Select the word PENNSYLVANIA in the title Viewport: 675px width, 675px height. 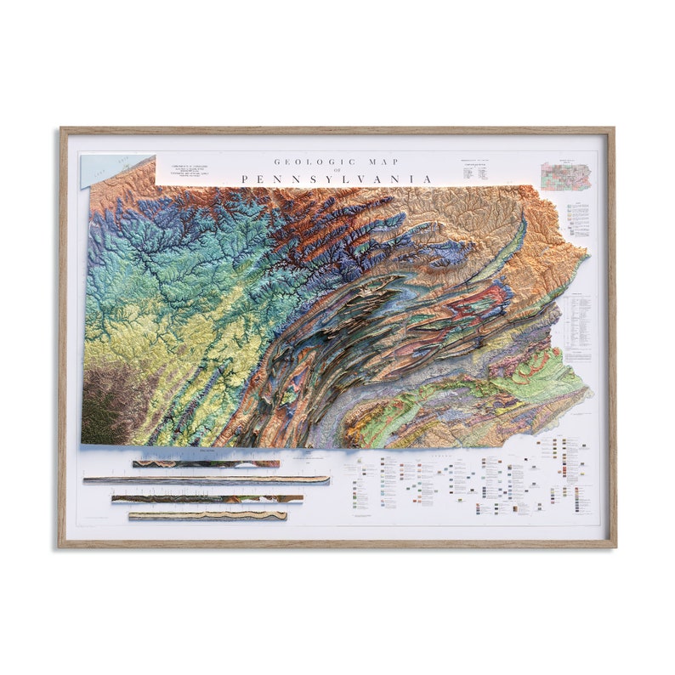pyautogui.click(x=337, y=179)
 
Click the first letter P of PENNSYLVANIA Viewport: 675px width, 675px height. pyautogui.click(x=245, y=179)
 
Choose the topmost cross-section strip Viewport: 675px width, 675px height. pyautogui.click(x=206, y=464)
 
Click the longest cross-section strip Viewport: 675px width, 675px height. pyautogui.click(x=206, y=480)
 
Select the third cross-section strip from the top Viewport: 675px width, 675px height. pyautogui.click(x=207, y=499)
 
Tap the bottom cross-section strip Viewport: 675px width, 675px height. pyautogui.click(x=207, y=515)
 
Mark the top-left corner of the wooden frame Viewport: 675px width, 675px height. pyautogui.click(x=61, y=130)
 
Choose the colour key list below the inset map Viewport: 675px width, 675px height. pyautogui.click(x=578, y=219)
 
